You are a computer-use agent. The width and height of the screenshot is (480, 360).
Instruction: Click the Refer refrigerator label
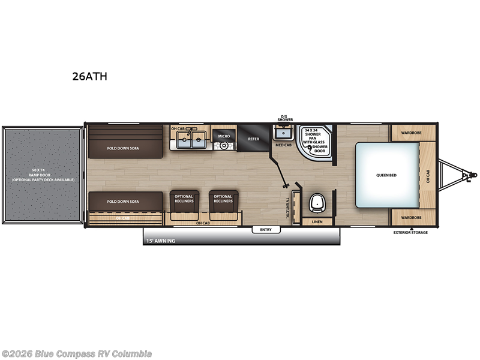253,139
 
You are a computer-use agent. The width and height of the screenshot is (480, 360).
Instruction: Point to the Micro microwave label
224,137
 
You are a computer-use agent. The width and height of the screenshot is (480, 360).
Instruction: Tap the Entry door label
266,230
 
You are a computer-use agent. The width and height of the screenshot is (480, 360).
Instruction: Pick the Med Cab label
283,145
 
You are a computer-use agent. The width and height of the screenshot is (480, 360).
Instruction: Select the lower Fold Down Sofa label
123,202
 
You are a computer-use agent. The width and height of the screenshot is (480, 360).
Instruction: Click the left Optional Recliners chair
184,203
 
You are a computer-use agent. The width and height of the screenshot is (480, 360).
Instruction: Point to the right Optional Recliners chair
223,203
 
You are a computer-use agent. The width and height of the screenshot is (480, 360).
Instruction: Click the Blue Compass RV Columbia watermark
76,353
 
